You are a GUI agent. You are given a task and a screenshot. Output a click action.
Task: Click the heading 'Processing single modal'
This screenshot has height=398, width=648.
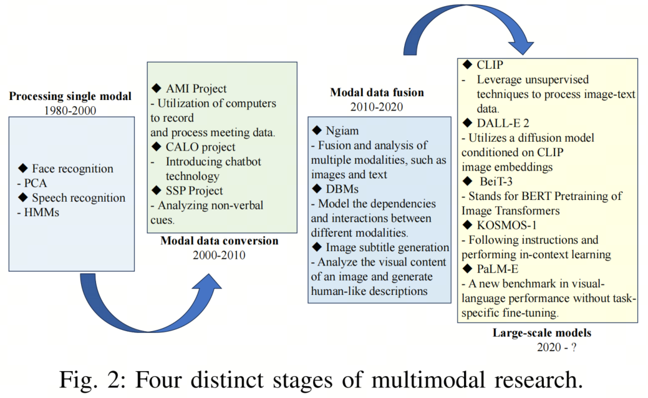click(x=70, y=96)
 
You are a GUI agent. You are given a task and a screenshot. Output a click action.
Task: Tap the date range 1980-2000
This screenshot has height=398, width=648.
click(x=70, y=111)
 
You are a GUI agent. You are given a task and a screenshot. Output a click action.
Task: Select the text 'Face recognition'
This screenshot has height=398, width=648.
click(x=73, y=169)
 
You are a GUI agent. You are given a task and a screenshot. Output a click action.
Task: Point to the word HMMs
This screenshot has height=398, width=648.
click(x=41, y=212)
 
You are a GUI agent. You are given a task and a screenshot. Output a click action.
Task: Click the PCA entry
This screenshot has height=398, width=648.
click(x=35, y=183)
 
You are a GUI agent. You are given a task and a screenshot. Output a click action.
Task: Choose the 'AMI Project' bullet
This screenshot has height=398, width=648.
click(x=196, y=89)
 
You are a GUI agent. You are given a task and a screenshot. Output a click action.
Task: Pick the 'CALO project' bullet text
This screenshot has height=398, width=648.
click(x=200, y=147)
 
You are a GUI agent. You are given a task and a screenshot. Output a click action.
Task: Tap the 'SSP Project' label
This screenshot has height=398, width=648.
click(x=194, y=191)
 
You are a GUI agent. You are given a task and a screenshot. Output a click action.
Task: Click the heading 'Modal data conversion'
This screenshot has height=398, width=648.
click(x=220, y=241)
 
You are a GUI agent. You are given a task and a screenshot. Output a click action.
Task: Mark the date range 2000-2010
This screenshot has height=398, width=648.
click(x=219, y=255)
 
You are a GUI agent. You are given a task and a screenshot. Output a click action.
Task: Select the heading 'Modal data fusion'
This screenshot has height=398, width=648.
click(x=377, y=92)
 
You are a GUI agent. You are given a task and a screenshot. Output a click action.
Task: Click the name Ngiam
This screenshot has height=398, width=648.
click(x=342, y=131)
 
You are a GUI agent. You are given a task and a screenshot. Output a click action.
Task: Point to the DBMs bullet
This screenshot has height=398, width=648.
click(x=342, y=189)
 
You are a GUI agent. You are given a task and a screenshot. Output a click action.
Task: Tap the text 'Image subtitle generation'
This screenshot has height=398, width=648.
click(x=387, y=247)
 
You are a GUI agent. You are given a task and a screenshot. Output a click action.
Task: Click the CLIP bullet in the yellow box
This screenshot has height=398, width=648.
click(x=490, y=65)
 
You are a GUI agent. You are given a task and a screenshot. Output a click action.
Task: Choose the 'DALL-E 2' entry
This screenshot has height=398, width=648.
click(x=503, y=124)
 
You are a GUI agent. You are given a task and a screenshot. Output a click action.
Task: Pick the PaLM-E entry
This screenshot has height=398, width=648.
click(x=497, y=269)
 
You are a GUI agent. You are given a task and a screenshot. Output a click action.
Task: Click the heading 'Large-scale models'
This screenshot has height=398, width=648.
click(x=542, y=333)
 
